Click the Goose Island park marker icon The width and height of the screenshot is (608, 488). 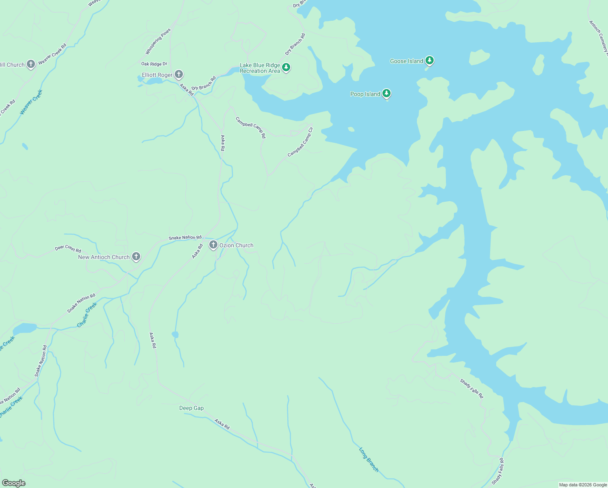pyautogui.click(x=430, y=61)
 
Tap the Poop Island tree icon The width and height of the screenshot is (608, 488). pyautogui.click(x=387, y=94)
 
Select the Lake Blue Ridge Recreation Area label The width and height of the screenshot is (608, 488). pyautogui.click(x=260, y=68)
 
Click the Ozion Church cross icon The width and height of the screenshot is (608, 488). pyautogui.click(x=213, y=245)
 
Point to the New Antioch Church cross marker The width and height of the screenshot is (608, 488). pyautogui.click(x=136, y=257)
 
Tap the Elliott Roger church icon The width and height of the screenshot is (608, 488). pyautogui.click(x=178, y=74)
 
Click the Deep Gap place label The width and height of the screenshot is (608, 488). pyautogui.click(x=191, y=408)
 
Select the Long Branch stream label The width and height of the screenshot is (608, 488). pyautogui.click(x=369, y=460)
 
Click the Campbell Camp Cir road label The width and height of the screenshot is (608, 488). pyautogui.click(x=301, y=142)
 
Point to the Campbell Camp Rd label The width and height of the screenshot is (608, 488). pyautogui.click(x=251, y=127)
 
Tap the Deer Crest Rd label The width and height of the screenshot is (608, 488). pyautogui.click(x=68, y=248)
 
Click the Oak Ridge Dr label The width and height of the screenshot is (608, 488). pyautogui.click(x=154, y=64)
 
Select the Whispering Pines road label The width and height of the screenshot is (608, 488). pyautogui.click(x=158, y=41)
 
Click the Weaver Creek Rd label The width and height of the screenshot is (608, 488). pyautogui.click(x=52, y=54)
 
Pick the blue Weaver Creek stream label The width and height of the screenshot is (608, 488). pyautogui.click(x=31, y=102)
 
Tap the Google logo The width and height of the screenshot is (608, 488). pyautogui.click(x=14, y=483)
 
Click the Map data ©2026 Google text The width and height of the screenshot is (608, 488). pyautogui.click(x=583, y=485)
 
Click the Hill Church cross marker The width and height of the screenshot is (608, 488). pyautogui.click(x=31, y=64)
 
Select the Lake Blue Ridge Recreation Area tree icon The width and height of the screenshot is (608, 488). pyautogui.click(x=286, y=67)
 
